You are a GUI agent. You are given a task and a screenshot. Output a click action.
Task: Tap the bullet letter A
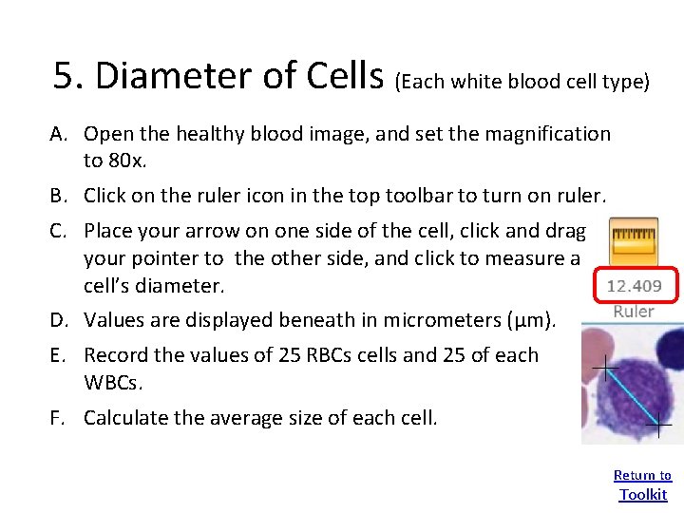click(x=59, y=134)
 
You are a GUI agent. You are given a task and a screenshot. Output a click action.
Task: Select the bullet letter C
click(x=59, y=231)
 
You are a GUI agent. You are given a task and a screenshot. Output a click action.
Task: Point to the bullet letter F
click(x=59, y=418)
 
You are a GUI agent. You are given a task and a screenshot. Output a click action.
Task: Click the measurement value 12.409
click(x=634, y=286)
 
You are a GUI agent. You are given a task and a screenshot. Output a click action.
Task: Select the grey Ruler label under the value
click(x=634, y=311)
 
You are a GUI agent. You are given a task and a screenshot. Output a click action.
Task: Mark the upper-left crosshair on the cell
click(x=605, y=366)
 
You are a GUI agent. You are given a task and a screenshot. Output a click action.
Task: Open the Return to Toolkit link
click(x=643, y=484)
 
